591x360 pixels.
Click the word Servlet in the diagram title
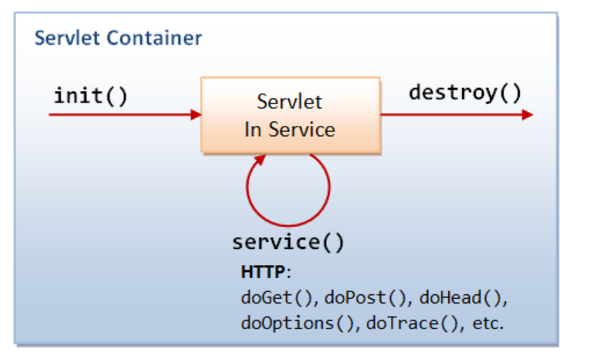click(x=64, y=37)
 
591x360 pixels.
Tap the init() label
click(x=90, y=96)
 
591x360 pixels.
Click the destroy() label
click(x=465, y=93)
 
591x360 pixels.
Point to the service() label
click(x=288, y=242)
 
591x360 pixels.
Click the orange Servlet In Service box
click(x=290, y=114)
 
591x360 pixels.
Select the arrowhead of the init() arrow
click(x=195, y=114)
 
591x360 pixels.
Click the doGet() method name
click(x=278, y=297)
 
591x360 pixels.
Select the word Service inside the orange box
click(x=302, y=129)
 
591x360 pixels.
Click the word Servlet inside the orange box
click(x=290, y=102)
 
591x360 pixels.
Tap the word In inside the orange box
click(x=253, y=129)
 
